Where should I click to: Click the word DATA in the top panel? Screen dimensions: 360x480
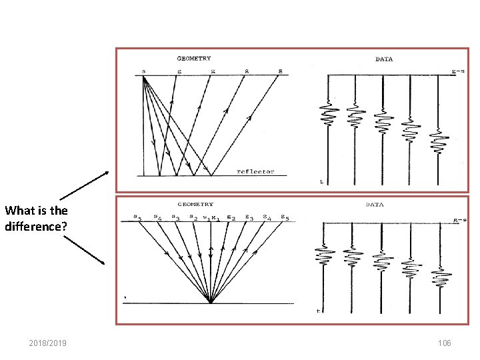(x=384, y=59)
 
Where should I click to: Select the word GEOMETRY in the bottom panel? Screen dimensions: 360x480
(x=195, y=204)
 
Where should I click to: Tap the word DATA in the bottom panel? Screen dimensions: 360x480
(x=375, y=205)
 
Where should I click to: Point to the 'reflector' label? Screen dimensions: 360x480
(x=255, y=171)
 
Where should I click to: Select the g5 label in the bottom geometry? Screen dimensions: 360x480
(x=285, y=217)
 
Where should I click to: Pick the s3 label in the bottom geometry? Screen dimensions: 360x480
(x=175, y=217)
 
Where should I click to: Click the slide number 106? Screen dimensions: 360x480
(x=444, y=343)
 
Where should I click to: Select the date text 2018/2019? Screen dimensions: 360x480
(x=52, y=343)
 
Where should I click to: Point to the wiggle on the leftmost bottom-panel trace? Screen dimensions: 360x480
(x=323, y=257)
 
